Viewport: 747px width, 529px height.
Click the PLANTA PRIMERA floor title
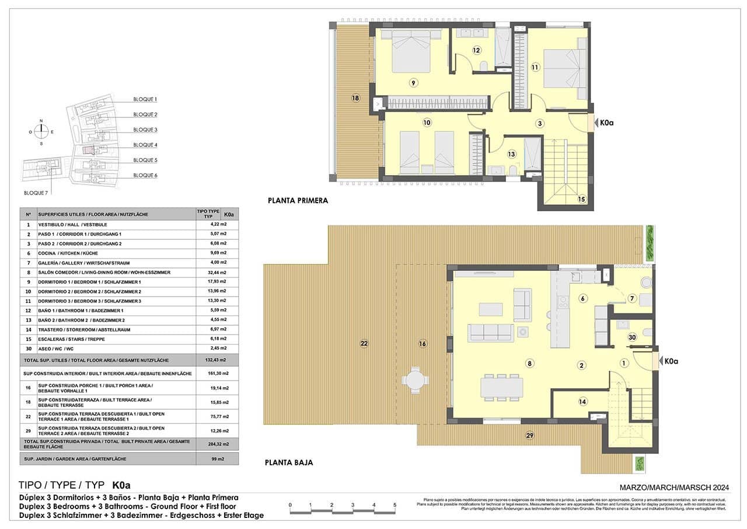[298, 200]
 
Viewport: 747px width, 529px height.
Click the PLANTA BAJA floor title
[289, 462]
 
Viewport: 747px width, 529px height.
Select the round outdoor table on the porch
[415, 380]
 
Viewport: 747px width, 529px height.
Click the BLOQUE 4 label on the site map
[145, 145]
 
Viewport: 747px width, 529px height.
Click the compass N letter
[41, 121]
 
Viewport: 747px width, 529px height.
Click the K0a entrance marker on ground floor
[671, 361]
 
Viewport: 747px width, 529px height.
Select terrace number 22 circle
[364, 344]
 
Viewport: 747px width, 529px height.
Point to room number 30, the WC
[631, 337]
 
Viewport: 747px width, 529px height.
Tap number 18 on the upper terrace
[355, 98]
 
